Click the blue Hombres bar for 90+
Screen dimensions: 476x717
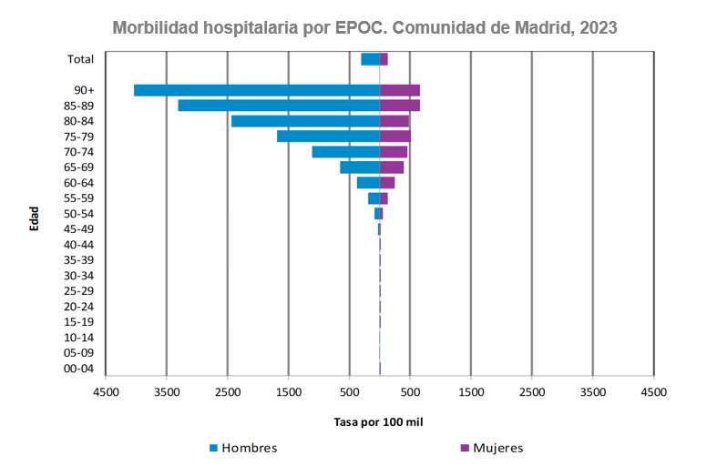[x=256, y=90]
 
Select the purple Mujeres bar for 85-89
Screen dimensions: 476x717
[x=400, y=106]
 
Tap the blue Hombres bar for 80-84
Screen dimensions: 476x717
[x=305, y=121]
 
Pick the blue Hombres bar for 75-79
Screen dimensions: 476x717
[x=328, y=137]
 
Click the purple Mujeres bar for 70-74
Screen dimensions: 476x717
[x=394, y=152]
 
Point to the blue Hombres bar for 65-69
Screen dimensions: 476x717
[x=360, y=167]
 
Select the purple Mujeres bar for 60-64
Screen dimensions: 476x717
[x=387, y=183]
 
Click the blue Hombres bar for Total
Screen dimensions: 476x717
[x=370, y=59]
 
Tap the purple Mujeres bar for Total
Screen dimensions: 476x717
[x=384, y=59]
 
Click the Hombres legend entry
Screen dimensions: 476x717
[x=243, y=448]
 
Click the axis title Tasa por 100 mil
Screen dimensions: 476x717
[x=378, y=422]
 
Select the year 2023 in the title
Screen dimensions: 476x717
[x=597, y=27]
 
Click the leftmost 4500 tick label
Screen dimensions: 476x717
[x=106, y=392]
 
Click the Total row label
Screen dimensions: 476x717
[x=81, y=59]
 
